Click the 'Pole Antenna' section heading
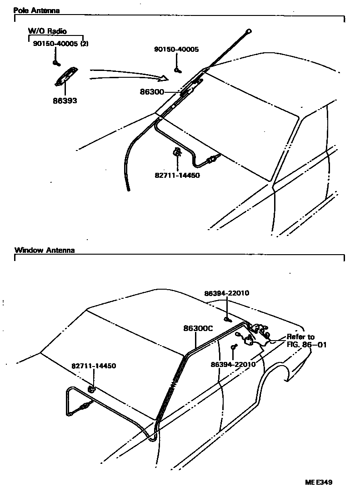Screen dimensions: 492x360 36,10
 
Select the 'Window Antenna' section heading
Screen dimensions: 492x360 45,250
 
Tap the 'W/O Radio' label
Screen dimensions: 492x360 47,31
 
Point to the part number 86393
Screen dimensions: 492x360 65,100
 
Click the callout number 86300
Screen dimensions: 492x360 152,92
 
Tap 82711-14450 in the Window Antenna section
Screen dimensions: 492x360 94,366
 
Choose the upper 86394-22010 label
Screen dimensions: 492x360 227,293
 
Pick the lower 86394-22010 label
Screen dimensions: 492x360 233,364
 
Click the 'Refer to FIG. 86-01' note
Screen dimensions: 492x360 300,341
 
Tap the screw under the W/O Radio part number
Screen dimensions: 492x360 55,62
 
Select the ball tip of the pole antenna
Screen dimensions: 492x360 248,31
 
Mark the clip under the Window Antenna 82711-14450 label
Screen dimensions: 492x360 91,389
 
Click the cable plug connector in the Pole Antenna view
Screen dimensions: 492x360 211,160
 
